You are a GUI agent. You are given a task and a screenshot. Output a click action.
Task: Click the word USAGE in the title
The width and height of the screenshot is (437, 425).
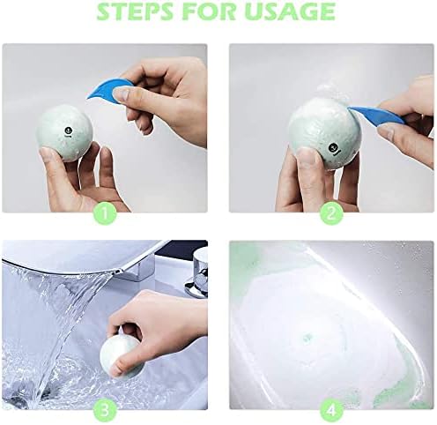point(290,11)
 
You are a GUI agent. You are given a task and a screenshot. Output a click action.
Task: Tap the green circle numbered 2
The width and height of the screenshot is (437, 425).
point(331,213)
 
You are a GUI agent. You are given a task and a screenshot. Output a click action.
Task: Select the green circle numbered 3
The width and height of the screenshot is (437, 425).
point(105,411)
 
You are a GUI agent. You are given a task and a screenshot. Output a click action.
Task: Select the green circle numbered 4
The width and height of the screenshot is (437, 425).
point(331,411)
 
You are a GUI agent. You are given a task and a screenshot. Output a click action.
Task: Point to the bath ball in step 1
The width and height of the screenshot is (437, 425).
point(64,133)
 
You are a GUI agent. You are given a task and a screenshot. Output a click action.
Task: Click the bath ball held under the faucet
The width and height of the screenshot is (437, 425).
point(121,357)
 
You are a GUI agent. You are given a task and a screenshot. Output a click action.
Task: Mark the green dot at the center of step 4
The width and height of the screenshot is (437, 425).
point(307,339)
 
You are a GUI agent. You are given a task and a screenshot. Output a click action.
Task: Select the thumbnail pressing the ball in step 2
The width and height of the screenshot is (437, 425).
point(306,155)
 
